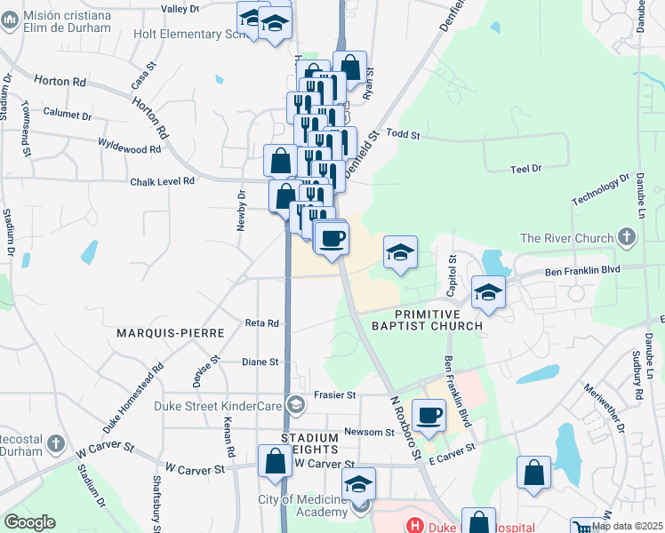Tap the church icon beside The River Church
tap(628, 237)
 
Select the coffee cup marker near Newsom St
tap(429, 415)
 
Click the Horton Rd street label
tap(60, 81)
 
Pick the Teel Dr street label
tap(526, 169)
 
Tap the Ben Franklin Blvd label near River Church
tap(581, 270)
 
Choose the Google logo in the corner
tap(29, 522)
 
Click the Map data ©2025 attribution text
tap(627, 526)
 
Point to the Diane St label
tap(260, 362)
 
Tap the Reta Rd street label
tap(262, 324)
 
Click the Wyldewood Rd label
tap(129, 148)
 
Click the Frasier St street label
tap(335, 394)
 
